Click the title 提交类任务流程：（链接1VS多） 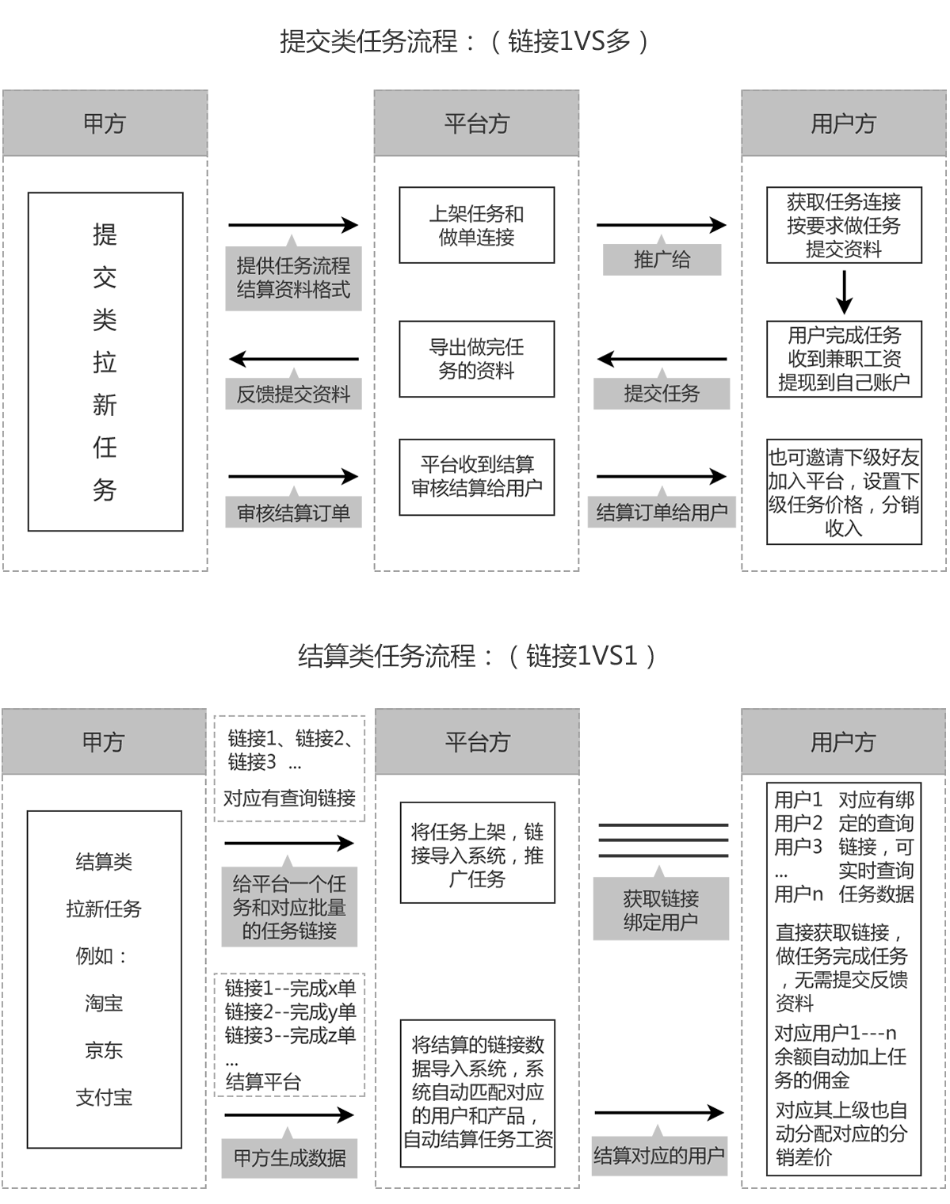pyautogui.click(x=464, y=41)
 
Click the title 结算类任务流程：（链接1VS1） pyautogui.click(x=477, y=656)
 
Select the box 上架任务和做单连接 pyautogui.click(x=476, y=225)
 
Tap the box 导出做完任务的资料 pyautogui.click(x=476, y=359)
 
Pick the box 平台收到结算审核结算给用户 pyautogui.click(x=476, y=477)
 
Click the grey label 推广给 pyautogui.click(x=662, y=260)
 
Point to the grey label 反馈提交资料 pyautogui.click(x=293, y=394)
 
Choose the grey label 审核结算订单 pyautogui.click(x=293, y=512)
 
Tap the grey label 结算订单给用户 pyautogui.click(x=662, y=512)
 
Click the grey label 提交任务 pyautogui.click(x=662, y=394)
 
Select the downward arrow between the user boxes pyautogui.click(x=844, y=292)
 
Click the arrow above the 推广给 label pyautogui.click(x=661, y=225)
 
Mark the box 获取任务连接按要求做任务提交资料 pyautogui.click(x=844, y=225)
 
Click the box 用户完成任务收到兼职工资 pyautogui.click(x=844, y=359)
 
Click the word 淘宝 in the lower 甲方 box pyautogui.click(x=104, y=1003)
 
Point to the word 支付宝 pyautogui.click(x=104, y=1097)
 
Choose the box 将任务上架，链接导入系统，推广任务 pyautogui.click(x=478, y=852)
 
